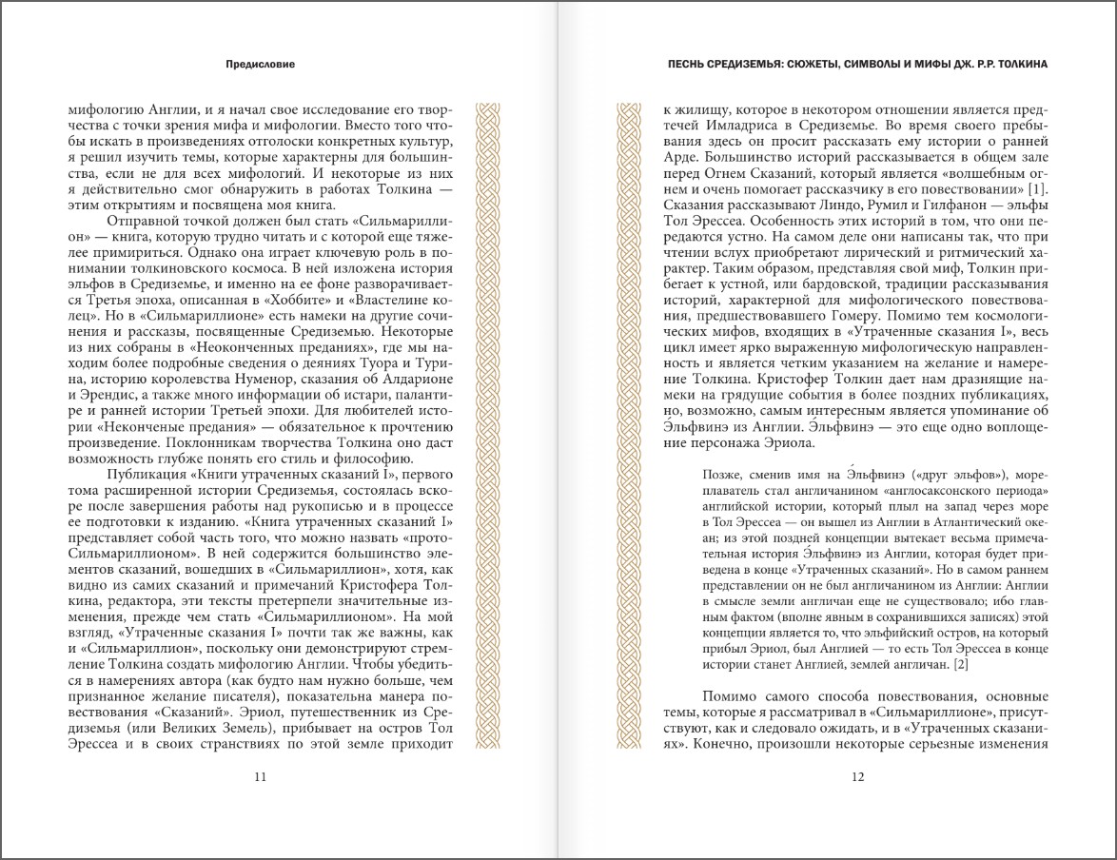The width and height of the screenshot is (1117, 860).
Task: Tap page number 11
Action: [x=260, y=776]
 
